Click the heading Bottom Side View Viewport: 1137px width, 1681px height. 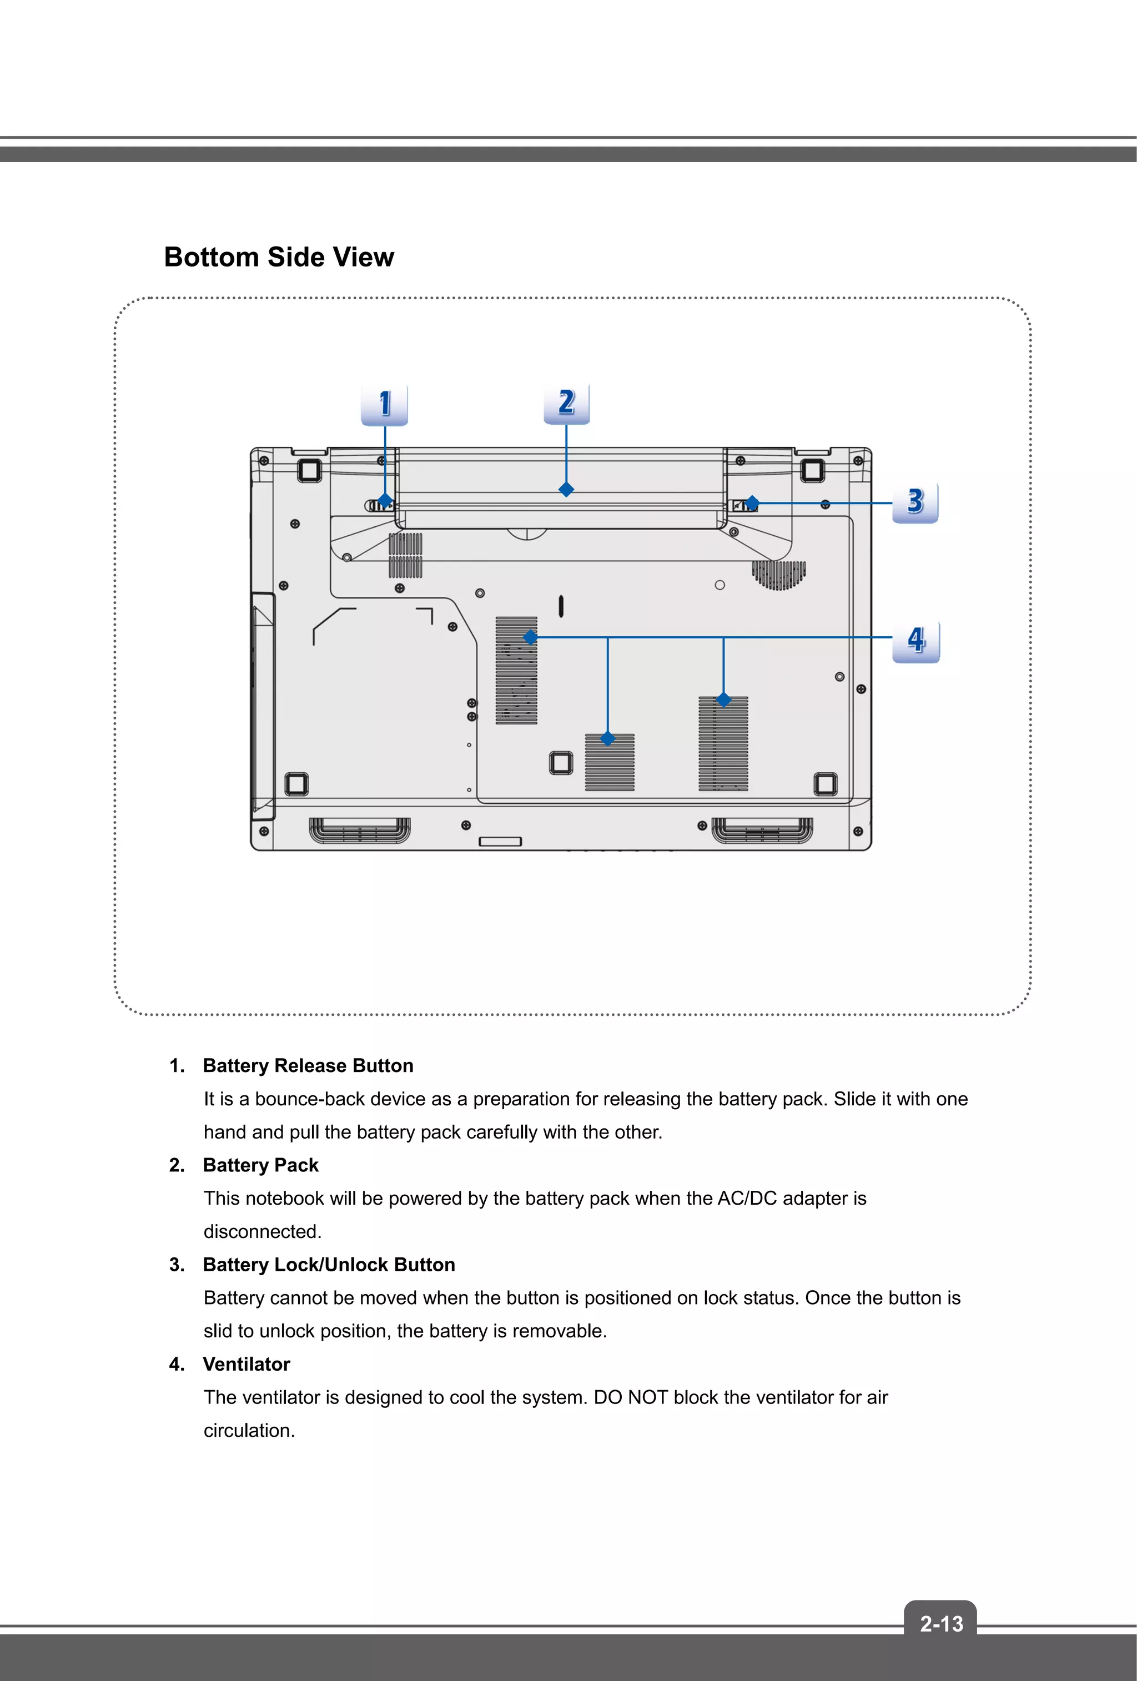point(279,258)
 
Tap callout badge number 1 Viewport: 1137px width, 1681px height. point(385,404)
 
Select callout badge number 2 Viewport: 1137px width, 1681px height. point(566,402)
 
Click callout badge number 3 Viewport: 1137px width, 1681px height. point(915,501)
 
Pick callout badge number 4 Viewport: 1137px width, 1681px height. point(915,640)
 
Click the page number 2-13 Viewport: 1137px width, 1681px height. point(941,1624)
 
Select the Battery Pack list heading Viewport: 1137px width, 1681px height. point(260,1165)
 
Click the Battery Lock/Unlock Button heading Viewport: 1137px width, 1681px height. point(329,1265)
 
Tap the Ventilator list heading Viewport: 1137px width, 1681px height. point(246,1364)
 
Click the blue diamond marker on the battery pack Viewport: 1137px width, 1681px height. point(566,490)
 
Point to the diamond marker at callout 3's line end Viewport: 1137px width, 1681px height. point(752,503)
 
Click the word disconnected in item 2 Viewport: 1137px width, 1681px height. point(262,1231)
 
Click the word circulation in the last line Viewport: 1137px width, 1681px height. point(248,1431)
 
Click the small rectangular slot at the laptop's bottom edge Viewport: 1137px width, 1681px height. point(500,841)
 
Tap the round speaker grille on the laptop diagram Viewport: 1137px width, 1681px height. point(779,575)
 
